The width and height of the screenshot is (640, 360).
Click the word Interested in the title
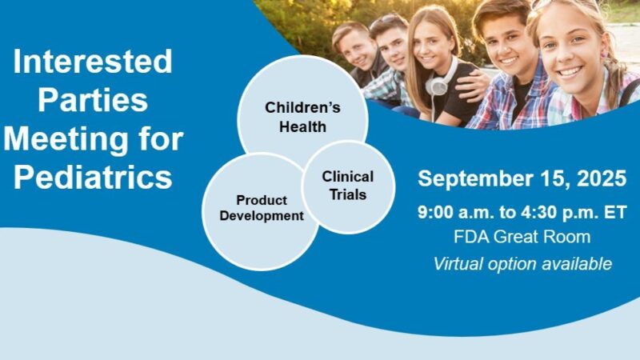point(94,61)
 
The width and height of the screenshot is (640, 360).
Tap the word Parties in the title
point(94,101)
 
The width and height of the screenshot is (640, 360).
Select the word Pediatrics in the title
point(94,176)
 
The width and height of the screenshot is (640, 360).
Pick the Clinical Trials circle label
point(347,184)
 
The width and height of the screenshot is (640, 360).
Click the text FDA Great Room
point(522,238)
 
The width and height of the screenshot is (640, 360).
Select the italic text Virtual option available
point(522,264)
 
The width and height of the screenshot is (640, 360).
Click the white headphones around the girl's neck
point(438,84)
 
